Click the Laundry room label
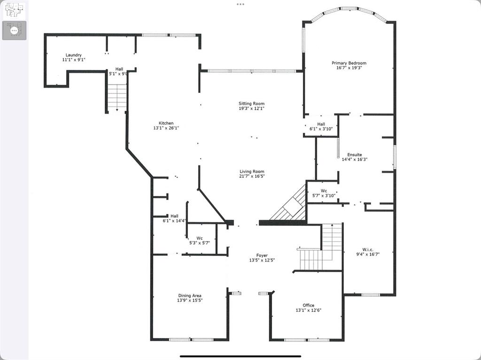74,55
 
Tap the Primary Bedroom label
349,63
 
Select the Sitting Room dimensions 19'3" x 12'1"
251,108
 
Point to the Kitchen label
166,123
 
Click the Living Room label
252,172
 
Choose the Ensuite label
354,154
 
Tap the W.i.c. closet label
368,249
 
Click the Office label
308,305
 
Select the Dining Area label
190,296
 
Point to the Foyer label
262,255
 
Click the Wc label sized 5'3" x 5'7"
200,238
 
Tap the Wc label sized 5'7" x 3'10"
324,191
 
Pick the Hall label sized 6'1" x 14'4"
174,216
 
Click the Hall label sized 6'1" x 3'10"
321,124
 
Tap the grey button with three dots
14,30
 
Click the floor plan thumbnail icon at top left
14,10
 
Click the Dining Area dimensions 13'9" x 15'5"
190,300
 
